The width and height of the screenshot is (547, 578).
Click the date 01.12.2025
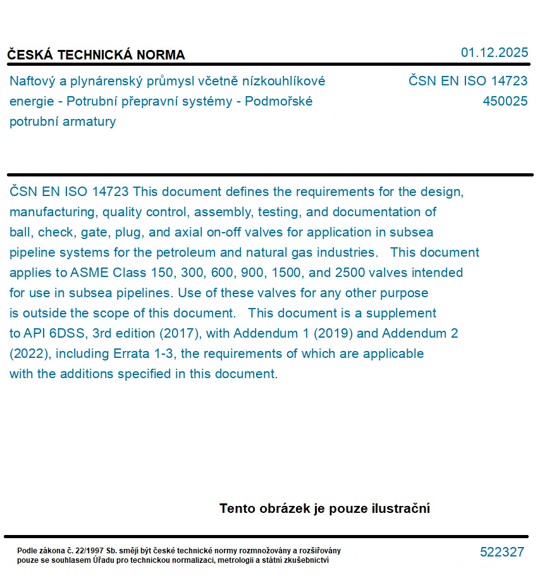[494, 53]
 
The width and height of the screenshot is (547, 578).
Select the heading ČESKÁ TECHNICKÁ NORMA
[96, 55]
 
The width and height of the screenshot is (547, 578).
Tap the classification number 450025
[505, 101]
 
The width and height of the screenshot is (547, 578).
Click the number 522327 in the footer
[501, 552]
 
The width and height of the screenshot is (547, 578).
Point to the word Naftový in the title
[33, 81]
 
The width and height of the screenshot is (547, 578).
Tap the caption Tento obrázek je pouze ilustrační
[324, 508]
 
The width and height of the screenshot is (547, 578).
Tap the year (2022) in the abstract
[27, 354]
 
